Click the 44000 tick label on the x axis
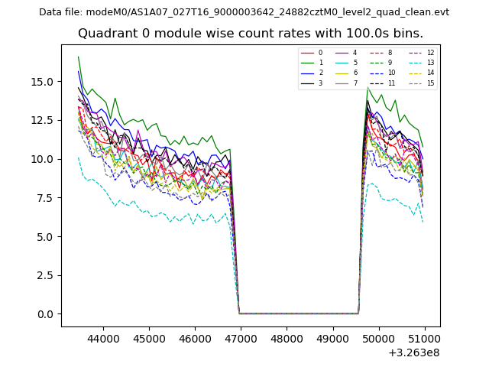coord(102,338)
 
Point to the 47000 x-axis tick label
coord(241,338)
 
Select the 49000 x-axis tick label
coord(333,338)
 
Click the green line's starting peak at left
coord(78,57)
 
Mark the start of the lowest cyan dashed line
coord(78,158)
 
